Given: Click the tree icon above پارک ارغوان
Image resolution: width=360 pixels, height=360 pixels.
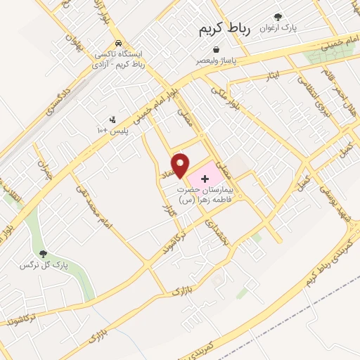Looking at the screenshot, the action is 279,17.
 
